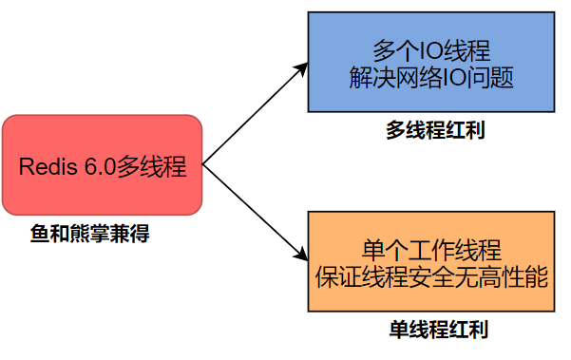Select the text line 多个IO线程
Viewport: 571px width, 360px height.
point(431,50)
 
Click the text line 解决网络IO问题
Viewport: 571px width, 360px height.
point(431,77)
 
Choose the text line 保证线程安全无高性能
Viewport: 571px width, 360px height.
point(431,277)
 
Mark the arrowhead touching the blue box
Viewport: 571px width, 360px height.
point(302,67)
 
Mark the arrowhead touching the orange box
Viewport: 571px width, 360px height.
point(302,256)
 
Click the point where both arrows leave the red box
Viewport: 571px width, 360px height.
point(203,163)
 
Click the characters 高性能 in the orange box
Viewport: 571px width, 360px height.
point(521,277)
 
